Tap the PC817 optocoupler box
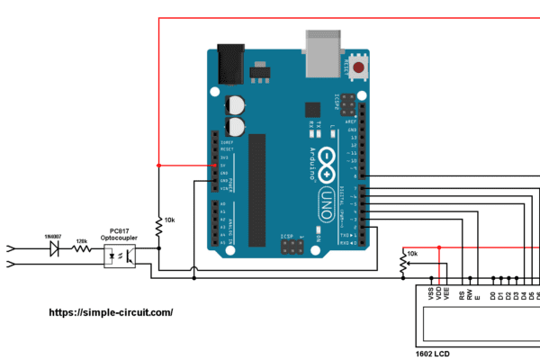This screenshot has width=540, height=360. tap(121, 256)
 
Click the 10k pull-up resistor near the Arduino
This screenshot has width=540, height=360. tap(158, 228)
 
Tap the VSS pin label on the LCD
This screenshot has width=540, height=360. tap(430, 294)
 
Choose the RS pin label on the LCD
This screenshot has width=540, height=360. tap(462, 294)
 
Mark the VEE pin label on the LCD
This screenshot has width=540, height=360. tap(446, 294)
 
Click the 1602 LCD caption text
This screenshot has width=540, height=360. tap(434, 354)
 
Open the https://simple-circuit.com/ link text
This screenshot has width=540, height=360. tap(109, 312)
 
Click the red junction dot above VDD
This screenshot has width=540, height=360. tap(438, 246)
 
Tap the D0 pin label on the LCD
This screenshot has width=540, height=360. tap(492, 294)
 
